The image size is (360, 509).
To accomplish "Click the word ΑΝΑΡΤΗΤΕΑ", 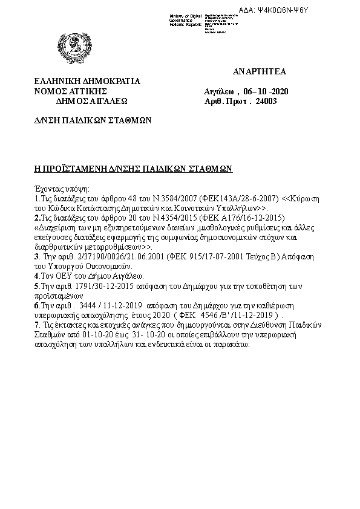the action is pos(259,72).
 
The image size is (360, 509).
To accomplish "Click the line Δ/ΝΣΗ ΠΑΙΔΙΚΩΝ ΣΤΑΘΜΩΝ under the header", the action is pos(92,120).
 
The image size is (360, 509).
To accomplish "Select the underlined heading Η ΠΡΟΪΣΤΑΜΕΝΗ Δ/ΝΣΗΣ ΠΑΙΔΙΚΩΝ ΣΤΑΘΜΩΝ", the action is pos(133,169).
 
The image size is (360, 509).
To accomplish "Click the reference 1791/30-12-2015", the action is pos(98,285).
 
